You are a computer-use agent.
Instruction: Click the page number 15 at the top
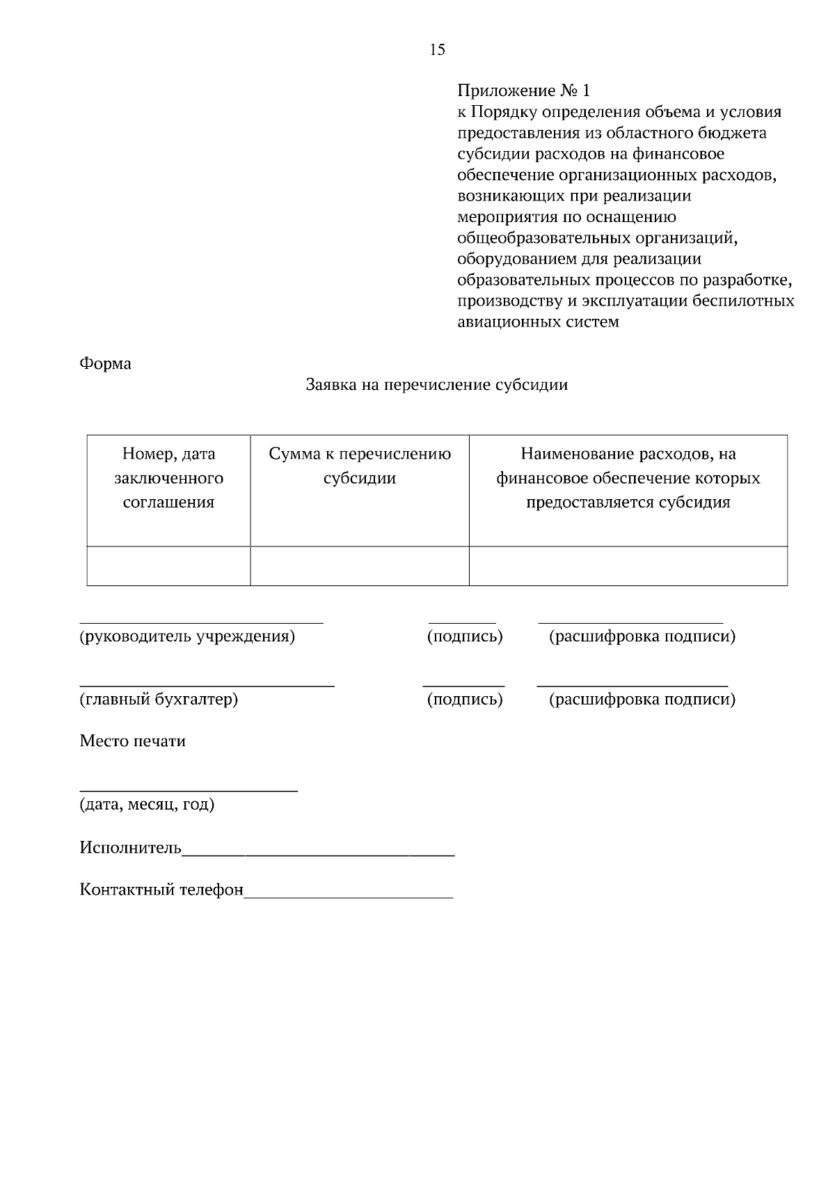point(438,49)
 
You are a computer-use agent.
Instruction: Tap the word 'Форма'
point(105,363)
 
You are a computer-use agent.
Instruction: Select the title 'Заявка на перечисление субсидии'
point(437,385)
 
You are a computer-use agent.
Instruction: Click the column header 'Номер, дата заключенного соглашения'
point(168,478)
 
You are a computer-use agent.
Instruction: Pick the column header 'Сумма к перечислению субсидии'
point(360,466)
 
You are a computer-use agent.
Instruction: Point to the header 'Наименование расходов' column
point(628,478)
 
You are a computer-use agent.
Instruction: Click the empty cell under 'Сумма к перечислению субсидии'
point(360,566)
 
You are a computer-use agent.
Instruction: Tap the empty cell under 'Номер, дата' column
point(168,566)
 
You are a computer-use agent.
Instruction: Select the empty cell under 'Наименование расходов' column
point(628,566)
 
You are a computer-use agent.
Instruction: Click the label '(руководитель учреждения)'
point(187,636)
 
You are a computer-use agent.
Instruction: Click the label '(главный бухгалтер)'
point(159,699)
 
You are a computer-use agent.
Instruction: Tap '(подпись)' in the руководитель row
point(464,636)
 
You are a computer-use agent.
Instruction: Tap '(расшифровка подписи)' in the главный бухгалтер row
point(642,699)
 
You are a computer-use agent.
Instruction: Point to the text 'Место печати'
point(132,741)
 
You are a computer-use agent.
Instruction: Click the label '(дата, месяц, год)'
point(147,805)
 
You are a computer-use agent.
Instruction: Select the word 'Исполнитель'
point(130,848)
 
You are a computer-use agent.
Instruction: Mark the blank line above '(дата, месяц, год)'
point(188,790)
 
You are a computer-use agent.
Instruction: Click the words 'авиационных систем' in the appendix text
point(538,322)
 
